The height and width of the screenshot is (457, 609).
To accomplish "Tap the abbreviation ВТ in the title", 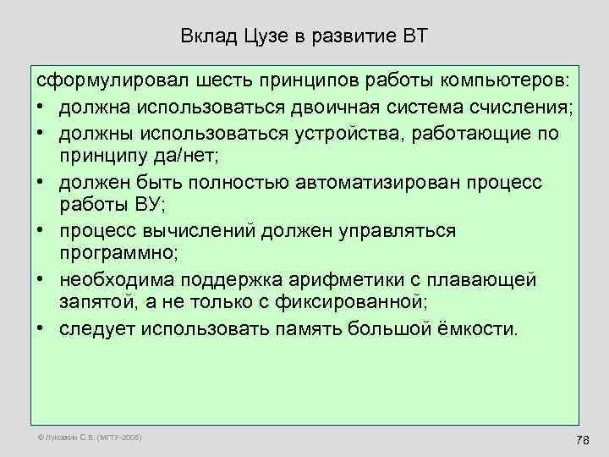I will point(413,36).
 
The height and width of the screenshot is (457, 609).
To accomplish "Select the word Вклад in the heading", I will point(209,36).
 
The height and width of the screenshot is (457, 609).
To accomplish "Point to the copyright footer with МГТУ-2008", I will point(88,438).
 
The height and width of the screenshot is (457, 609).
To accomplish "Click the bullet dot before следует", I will point(41,328).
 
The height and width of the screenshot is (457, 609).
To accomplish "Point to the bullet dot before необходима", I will point(41,279).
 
